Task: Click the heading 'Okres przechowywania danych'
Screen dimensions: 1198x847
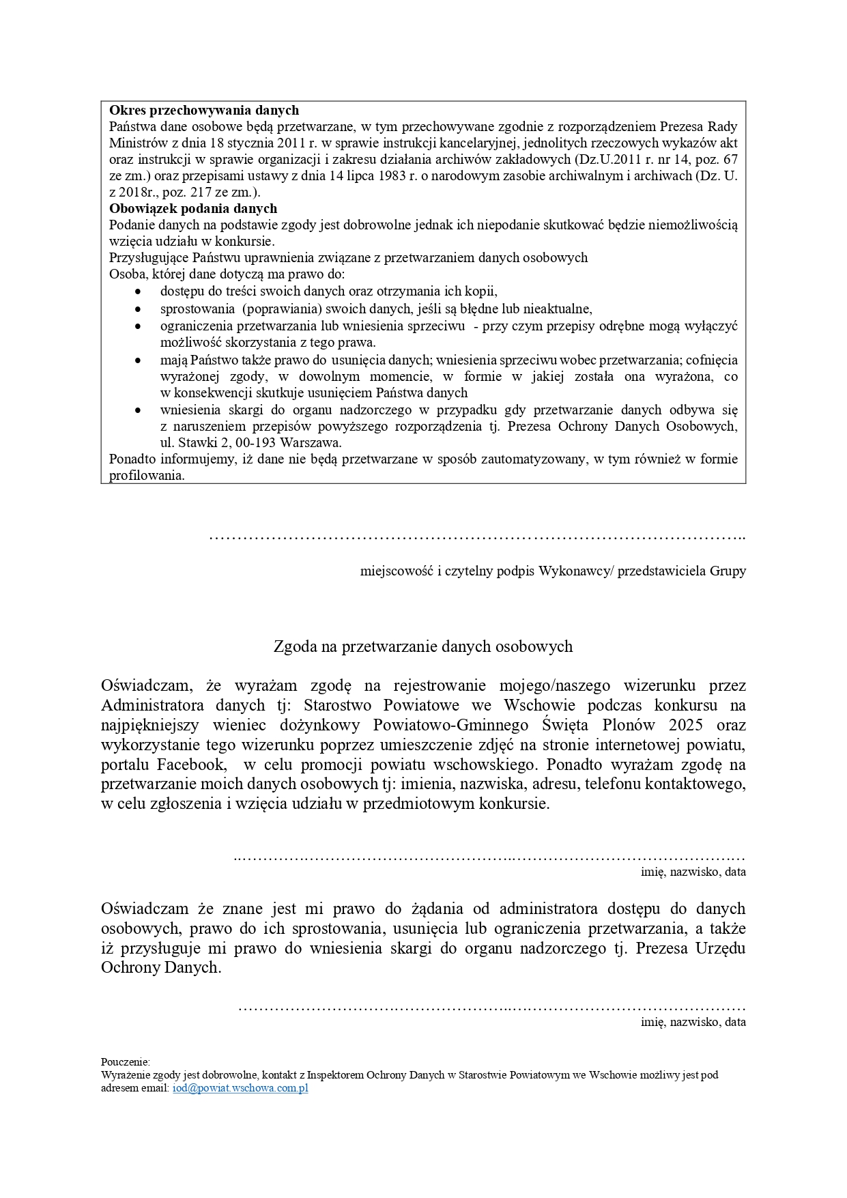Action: click(x=204, y=110)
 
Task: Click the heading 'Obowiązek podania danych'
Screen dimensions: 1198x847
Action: click(x=193, y=208)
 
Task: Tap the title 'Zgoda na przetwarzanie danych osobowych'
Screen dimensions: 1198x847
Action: click(x=423, y=646)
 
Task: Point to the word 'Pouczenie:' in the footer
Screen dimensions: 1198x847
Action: click(x=126, y=1061)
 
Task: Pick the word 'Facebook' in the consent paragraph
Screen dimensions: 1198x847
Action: click(x=191, y=764)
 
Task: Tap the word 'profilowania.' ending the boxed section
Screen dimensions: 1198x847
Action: click(x=147, y=475)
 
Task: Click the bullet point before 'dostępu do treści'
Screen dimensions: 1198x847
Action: click(x=139, y=291)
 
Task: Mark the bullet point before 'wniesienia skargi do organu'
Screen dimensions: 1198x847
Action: click(x=139, y=410)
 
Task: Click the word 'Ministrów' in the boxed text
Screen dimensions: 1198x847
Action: click(x=135, y=143)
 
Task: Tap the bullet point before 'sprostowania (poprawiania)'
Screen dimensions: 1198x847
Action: click(x=139, y=309)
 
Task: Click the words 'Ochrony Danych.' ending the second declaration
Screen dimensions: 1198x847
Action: click(x=161, y=967)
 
